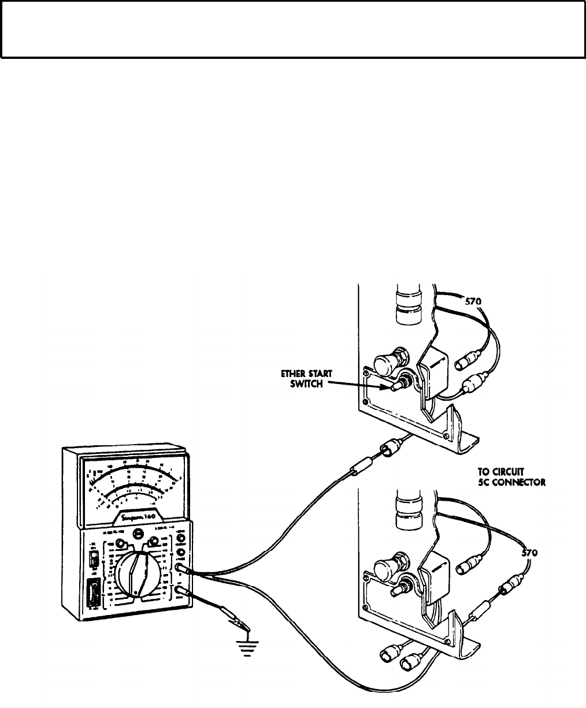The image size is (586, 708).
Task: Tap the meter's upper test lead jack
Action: [x=183, y=571]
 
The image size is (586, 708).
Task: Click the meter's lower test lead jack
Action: [x=183, y=591]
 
